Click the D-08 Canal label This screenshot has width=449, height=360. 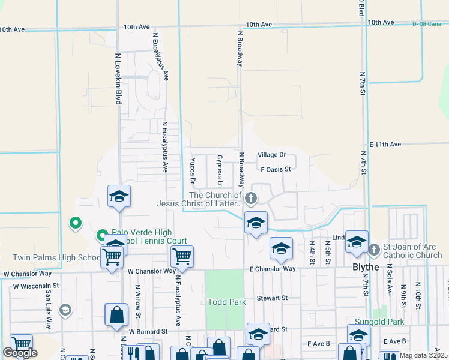(x=427, y=24)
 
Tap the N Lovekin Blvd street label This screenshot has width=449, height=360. (x=118, y=78)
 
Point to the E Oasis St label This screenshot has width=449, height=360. (x=276, y=169)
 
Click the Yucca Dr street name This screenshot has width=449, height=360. (x=193, y=171)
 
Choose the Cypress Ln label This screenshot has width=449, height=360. (x=220, y=169)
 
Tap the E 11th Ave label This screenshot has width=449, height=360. (x=385, y=145)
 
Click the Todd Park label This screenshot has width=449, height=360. (x=227, y=302)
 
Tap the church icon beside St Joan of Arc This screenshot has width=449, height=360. (x=373, y=248)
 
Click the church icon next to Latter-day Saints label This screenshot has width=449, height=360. (x=252, y=198)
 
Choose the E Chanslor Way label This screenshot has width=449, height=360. (x=273, y=269)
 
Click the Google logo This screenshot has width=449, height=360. (x=20, y=353)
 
